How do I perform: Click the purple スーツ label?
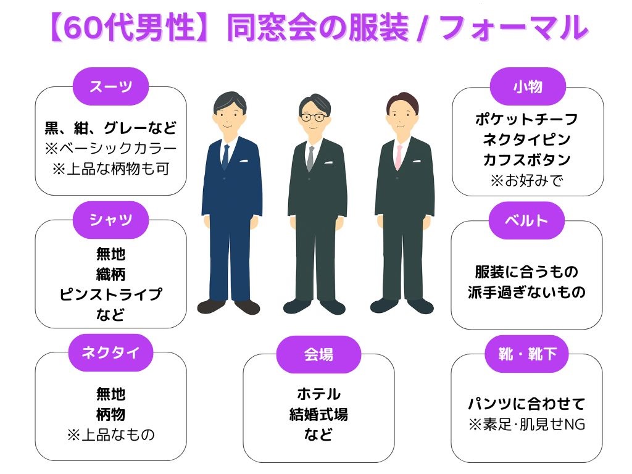[110, 86]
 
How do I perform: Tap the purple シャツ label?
[110, 220]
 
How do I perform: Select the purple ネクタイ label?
[110, 352]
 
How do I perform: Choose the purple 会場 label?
[318, 355]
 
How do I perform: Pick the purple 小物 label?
[528, 86]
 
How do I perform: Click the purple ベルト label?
[526, 220]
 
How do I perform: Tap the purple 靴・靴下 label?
[527, 354]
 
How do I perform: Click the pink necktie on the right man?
[399, 157]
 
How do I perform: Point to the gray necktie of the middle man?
[310, 159]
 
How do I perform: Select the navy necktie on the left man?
[225, 156]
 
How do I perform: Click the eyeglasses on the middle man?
[314, 117]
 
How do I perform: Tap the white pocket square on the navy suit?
[244, 160]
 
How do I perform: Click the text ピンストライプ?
[110, 294]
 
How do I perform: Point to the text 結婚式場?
[318, 414]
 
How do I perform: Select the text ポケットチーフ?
[527, 119]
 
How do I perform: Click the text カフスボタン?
[527, 160]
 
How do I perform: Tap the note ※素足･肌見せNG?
[527, 425]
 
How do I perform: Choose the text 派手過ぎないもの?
[527, 292]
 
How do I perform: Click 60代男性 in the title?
[130, 28]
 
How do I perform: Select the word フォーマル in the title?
[513, 28]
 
